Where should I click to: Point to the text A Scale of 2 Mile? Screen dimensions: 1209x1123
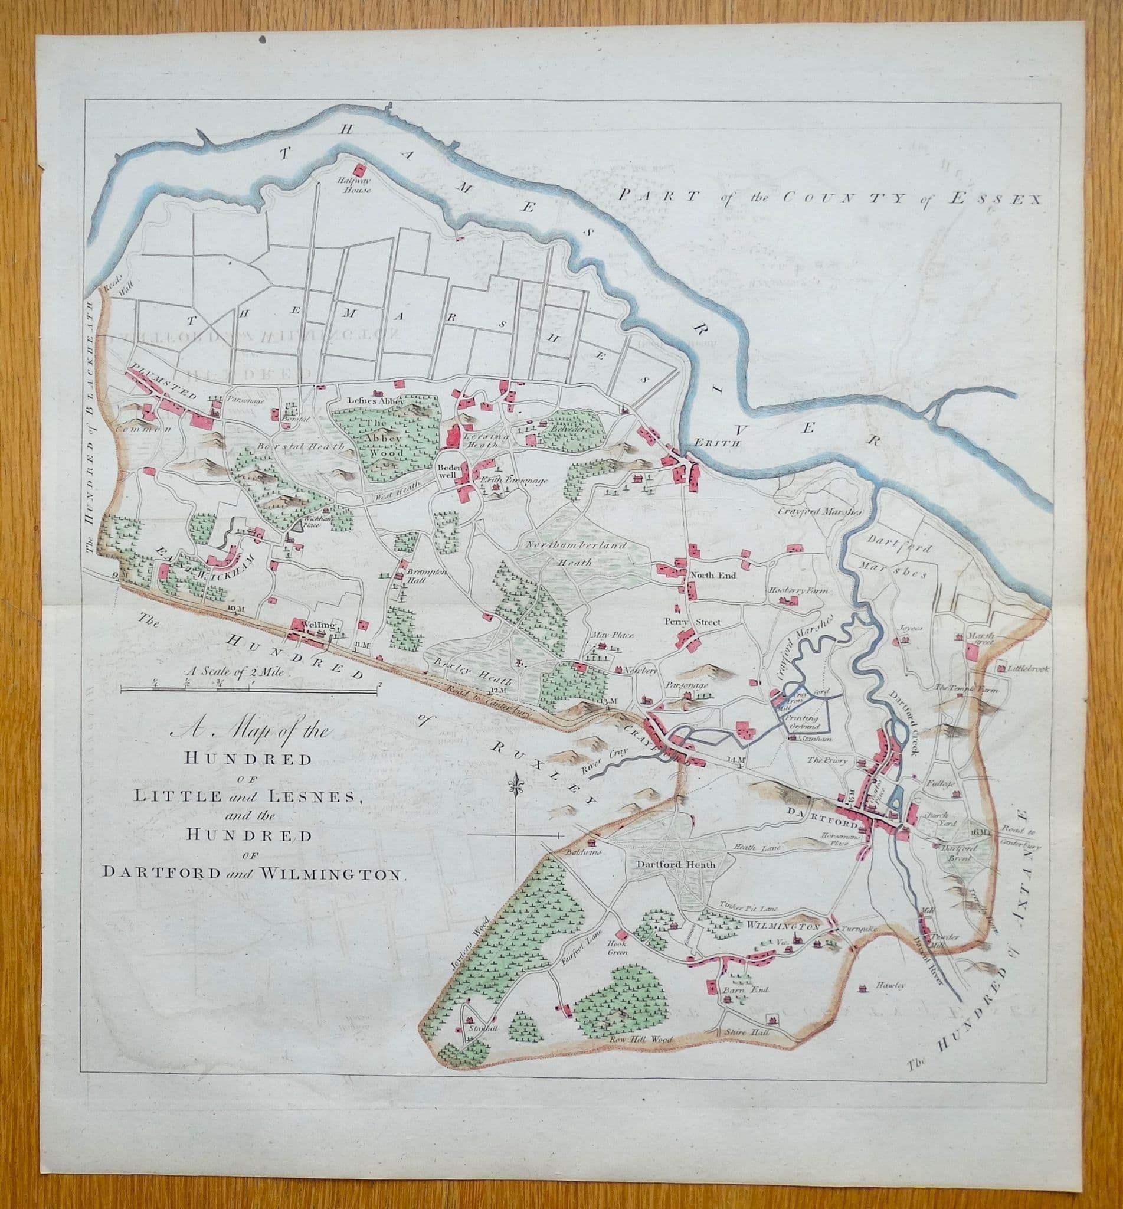click(240, 672)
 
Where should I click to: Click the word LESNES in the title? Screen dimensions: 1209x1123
click(312, 797)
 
